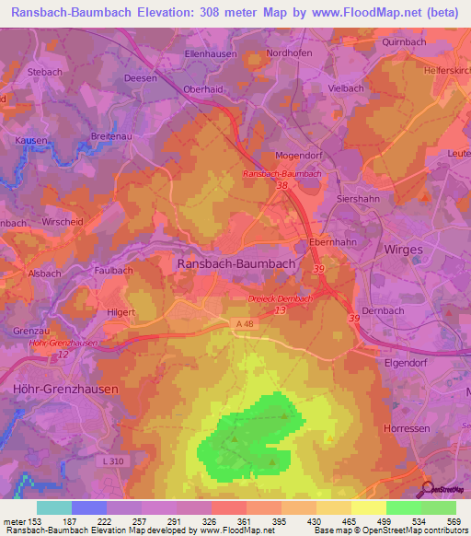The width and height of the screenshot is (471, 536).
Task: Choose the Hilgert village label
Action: click(x=121, y=312)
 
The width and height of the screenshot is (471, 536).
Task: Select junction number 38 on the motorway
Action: click(x=281, y=186)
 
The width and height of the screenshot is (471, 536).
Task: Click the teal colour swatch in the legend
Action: click(x=53, y=507)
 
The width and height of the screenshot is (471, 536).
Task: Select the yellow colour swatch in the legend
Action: click(x=368, y=507)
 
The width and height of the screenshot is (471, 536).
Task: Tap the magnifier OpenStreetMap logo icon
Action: click(x=426, y=489)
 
